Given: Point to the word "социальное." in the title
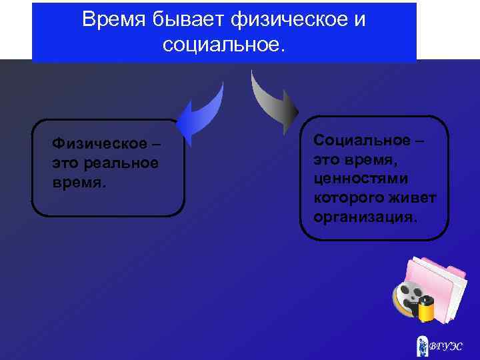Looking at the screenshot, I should [223, 45].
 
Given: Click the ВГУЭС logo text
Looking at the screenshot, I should [445, 346].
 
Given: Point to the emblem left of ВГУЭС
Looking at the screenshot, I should [421, 345].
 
